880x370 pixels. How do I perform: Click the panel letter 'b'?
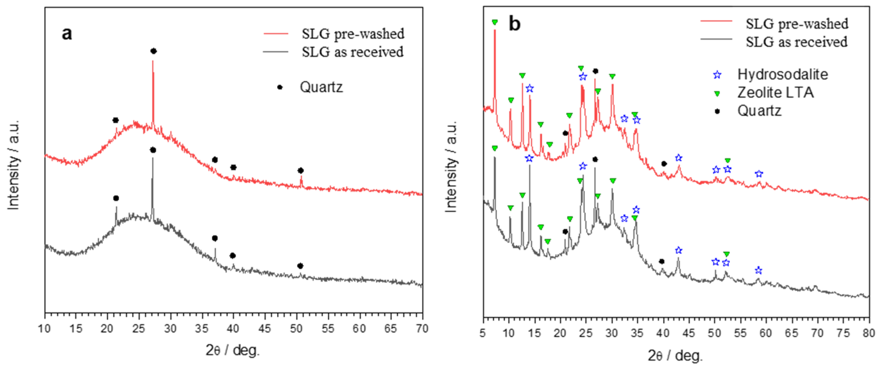[x=515, y=24]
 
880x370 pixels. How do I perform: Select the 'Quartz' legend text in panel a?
[x=321, y=87]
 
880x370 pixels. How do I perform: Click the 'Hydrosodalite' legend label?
[x=782, y=74]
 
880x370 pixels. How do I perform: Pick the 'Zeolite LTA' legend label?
[x=775, y=93]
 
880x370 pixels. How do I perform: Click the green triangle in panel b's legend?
[x=717, y=93]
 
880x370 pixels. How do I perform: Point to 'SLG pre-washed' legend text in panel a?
[x=353, y=34]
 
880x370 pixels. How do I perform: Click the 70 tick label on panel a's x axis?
[x=422, y=329]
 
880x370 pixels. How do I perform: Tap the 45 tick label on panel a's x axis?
[x=264, y=329]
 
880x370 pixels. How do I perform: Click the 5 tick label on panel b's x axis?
[x=483, y=333]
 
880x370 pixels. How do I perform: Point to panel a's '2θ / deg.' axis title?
[x=233, y=350]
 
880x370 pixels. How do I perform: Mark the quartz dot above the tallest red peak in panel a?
[x=153, y=51]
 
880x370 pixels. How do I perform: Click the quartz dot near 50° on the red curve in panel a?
[x=301, y=171]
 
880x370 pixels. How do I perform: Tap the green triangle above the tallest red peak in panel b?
[x=495, y=22]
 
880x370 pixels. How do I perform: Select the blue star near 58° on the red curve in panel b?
[x=759, y=174]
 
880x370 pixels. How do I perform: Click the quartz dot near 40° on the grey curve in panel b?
[x=662, y=262]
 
